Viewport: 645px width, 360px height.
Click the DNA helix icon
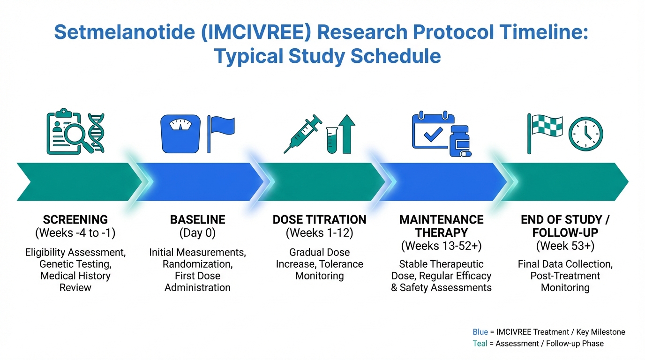96,133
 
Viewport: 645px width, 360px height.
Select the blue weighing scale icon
180,134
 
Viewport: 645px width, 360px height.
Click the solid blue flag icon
221,134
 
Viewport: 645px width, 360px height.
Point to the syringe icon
303,134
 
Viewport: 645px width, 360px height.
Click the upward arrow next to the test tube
347,134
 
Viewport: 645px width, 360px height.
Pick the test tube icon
332,140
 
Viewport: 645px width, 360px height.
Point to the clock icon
585,134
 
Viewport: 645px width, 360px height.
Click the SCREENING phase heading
75,220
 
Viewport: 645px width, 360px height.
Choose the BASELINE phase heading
197,220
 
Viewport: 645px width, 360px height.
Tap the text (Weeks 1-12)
319,232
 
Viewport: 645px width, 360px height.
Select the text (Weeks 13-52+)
441,246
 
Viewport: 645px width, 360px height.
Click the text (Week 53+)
565,246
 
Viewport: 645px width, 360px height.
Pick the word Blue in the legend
480,332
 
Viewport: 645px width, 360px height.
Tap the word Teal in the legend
480,344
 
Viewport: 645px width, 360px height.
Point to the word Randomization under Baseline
197,264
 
